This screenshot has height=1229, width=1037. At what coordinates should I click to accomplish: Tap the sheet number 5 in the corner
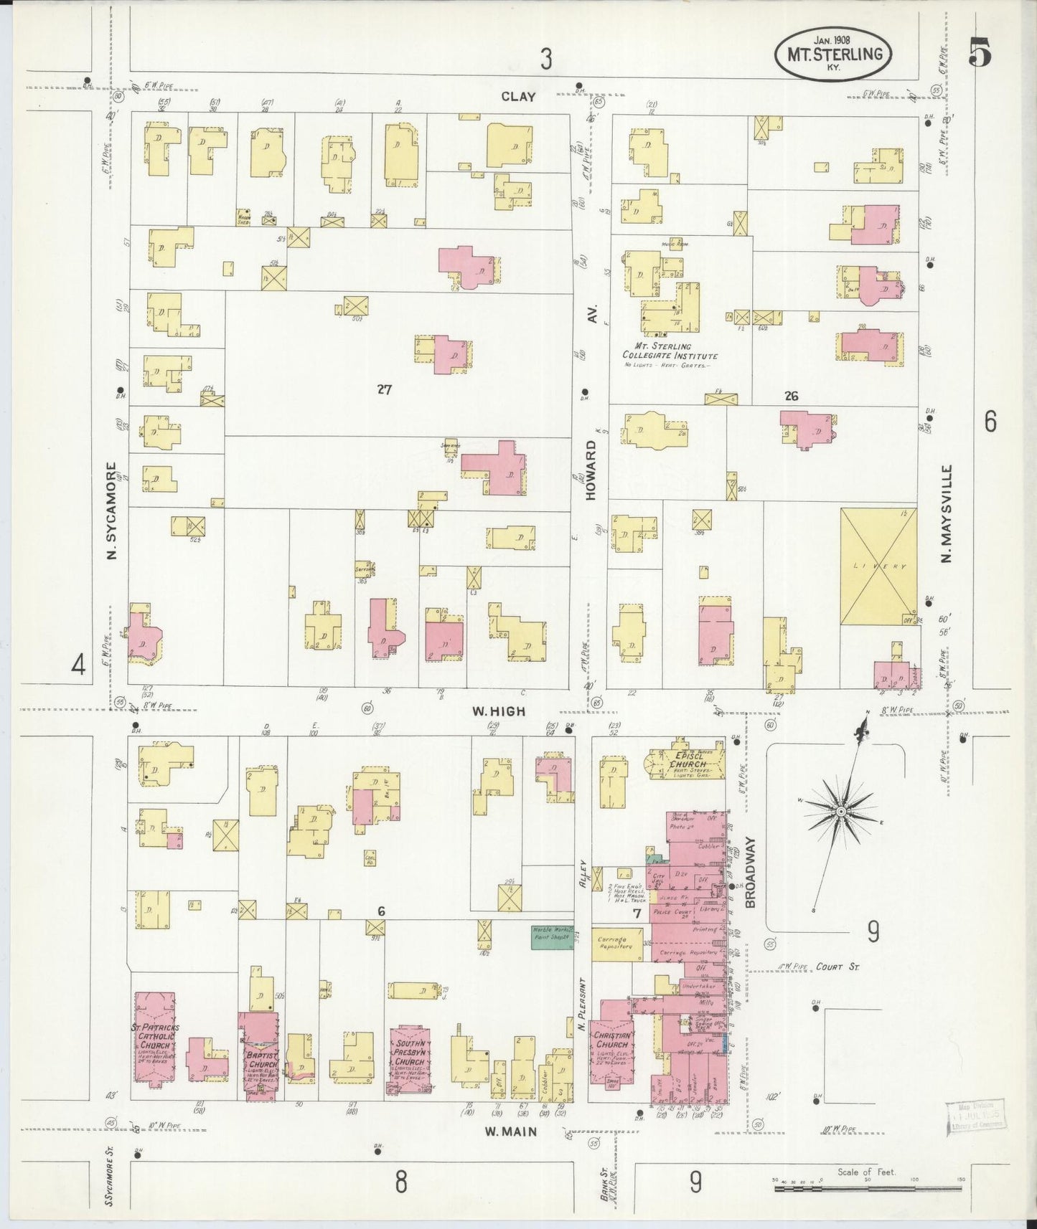(979, 52)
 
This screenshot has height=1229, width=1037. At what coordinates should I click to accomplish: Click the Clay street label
(518, 96)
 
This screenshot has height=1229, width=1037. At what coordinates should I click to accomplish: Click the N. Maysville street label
(947, 513)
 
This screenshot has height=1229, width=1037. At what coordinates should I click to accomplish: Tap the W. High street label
(498, 711)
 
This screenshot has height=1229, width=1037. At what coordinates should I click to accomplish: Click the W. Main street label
(510, 1131)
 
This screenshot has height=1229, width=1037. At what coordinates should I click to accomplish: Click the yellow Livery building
(878, 566)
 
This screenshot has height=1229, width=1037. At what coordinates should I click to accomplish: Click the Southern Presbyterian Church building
(409, 1060)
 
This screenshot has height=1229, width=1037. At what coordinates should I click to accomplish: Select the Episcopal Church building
(686, 764)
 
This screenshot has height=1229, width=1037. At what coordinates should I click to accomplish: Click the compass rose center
(840, 811)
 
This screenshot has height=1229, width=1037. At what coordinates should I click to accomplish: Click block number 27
(385, 389)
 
